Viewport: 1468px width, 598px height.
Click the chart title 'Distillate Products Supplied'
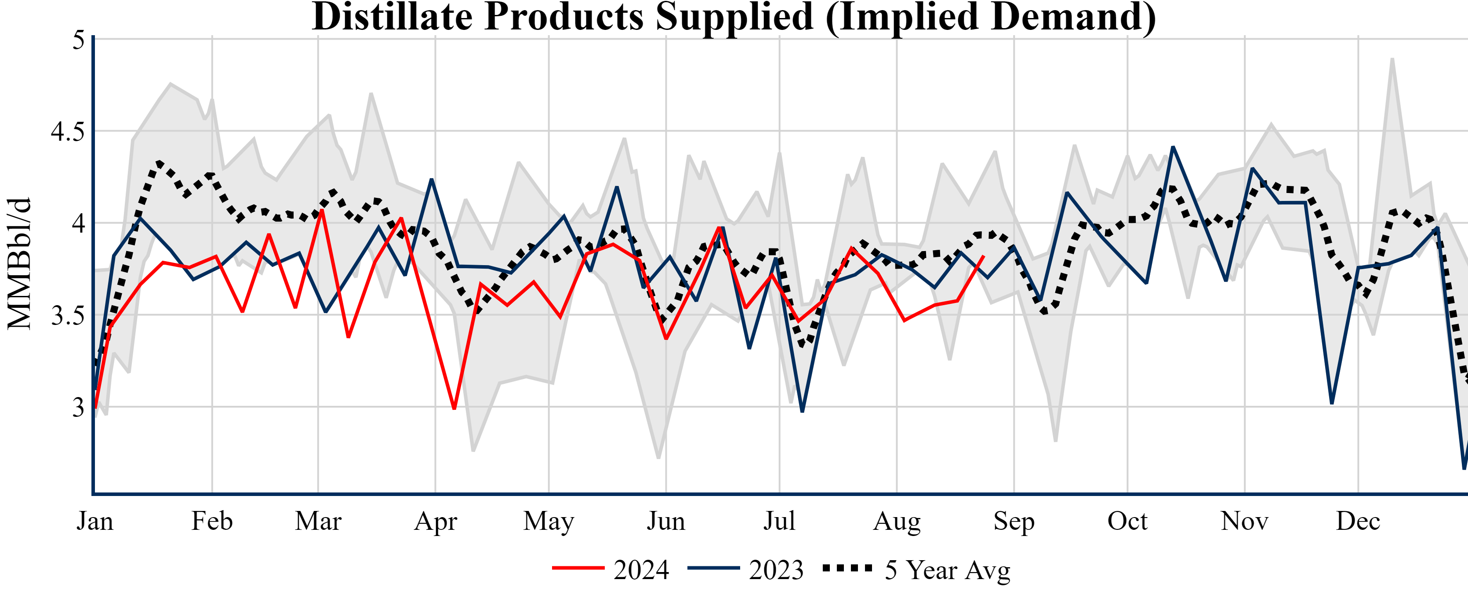click(x=734, y=17)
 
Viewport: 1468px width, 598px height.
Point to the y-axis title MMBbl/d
click(x=19, y=263)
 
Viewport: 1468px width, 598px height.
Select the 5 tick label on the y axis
click(x=78, y=40)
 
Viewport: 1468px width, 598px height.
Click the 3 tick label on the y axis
click(x=78, y=408)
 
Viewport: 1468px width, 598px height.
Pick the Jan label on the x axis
click(x=94, y=521)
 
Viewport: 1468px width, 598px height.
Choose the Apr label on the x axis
click(x=436, y=521)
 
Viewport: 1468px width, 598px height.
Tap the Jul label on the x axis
click(x=779, y=521)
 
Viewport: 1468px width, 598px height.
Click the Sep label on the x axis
click(x=1014, y=521)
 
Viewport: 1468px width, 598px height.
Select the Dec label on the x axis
click(x=1358, y=521)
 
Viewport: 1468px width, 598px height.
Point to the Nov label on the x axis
click(x=1245, y=521)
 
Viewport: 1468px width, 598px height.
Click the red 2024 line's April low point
click(x=454, y=408)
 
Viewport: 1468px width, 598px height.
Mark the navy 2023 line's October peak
click(x=1173, y=148)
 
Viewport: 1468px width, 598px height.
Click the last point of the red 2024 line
click(x=984, y=256)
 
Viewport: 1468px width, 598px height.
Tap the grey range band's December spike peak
click(x=1392, y=59)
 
